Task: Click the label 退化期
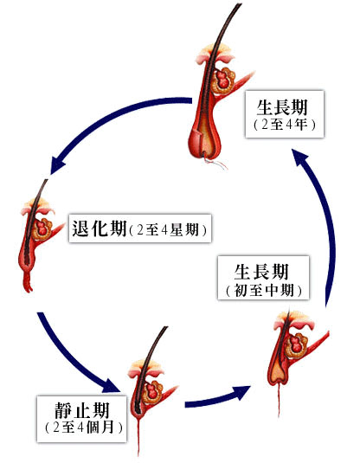click(100, 228)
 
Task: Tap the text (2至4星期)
click(168, 229)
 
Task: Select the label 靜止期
click(82, 410)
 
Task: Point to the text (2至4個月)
click(83, 427)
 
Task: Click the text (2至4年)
click(285, 125)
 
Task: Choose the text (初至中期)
click(264, 290)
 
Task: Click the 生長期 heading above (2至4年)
click(282, 107)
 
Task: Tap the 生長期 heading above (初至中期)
click(261, 272)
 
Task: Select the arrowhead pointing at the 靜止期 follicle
click(112, 385)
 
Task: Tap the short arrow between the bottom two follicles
click(218, 397)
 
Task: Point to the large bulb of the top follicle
click(204, 141)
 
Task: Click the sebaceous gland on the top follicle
click(223, 80)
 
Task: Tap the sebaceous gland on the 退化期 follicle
click(42, 228)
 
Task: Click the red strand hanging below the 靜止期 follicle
click(138, 434)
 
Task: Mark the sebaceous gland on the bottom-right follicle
click(296, 345)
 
